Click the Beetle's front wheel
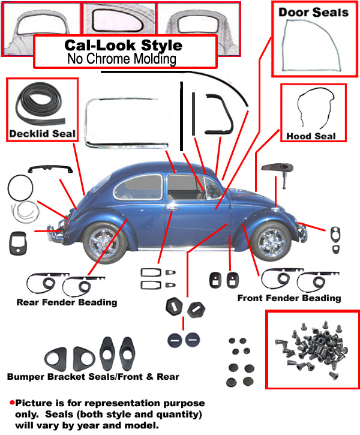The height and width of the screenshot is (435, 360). click(x=271, y=242)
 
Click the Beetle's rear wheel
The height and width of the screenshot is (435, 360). click(x=104, y=243)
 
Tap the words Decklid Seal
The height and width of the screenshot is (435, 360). click(x=42, y=133)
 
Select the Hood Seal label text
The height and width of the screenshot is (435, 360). click(x=311, y=136)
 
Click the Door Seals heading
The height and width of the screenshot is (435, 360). click(x=313, y=12)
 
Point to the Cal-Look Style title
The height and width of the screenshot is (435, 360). click(x=124, y=45)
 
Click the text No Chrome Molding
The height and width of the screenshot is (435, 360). click(x=122, y=59)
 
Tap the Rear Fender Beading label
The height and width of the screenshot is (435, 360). click(x=67, y=302)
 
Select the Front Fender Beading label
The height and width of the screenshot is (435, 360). click(x=289, y=298)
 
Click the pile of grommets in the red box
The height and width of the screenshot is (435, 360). click(x=312, y=349)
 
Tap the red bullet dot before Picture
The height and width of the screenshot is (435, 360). click(x=12, y=403)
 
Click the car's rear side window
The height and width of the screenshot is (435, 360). click(x=138, y=187)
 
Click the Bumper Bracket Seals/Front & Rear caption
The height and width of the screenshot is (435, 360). click(x=93, y=376)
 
